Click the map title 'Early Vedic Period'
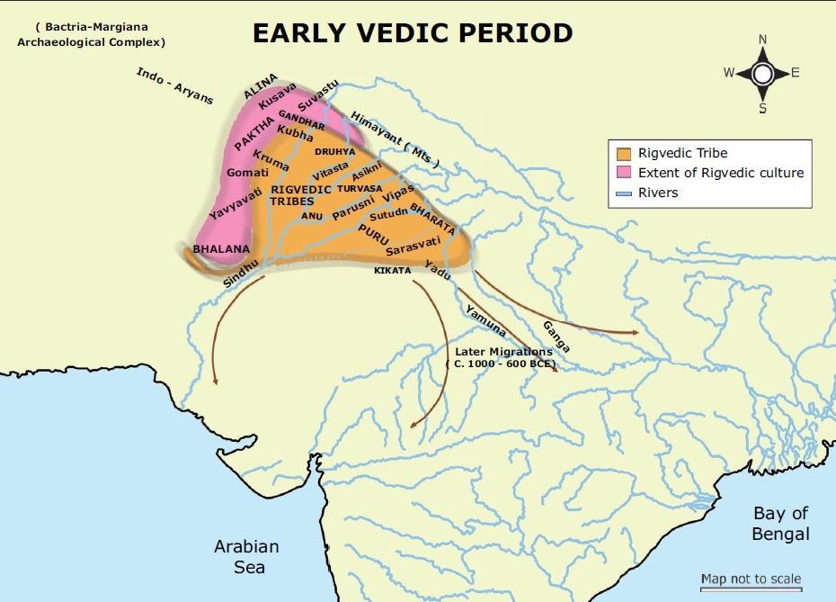pyautogui.click(x=412, y=32)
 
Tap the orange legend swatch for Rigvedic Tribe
pyautogui.click(x=623, y=153)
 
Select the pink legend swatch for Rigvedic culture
pyautogui.click(x=623, y=173)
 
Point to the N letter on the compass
pyautogui.click(x=762, y=39)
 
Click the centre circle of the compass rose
pyautogui.click(x=762, y=74)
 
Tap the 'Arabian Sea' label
pyautogui.click(x=246, y=556)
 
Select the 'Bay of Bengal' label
pyautogui.click(x=781, y=524)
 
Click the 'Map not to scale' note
pyautogui.click(x=751, y=579)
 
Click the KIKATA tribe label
pyautogui.click(x=392, y=270)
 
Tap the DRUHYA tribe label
pyautogui.click(x=334, y=151)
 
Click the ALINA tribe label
pyautogui.click(x=261, y=85)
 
